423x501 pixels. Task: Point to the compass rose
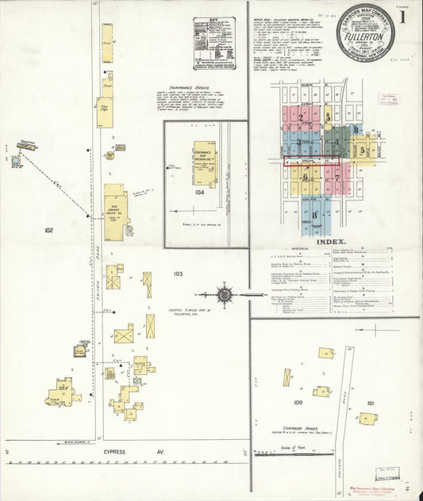tap(225, 296)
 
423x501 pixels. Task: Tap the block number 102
tap(49, 230)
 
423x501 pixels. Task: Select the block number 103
tap(178, 273)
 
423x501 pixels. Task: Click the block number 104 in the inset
tap(198, 192)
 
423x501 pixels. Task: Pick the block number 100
tap(298, 402)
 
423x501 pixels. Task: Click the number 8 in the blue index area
tap(316, 215)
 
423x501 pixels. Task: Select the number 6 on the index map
tap(305, 178)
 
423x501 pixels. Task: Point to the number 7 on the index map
tap(336, 178)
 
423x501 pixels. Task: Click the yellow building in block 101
tap(367, 418)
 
